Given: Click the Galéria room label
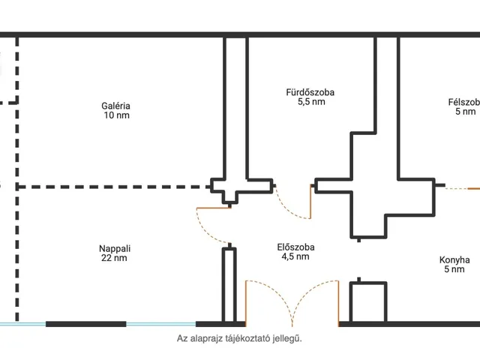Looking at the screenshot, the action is (115, 106).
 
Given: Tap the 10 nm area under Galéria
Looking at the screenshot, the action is (117, 115).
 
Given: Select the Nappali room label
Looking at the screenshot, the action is (115, 248).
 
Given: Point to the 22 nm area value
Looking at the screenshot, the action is (114, 258).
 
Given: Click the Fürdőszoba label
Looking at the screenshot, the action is (310, 92).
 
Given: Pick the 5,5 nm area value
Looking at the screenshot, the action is (311, 102).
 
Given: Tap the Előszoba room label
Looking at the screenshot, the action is (295, 247).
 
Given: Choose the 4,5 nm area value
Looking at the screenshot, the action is (295, 256).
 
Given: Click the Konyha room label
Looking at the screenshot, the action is (454, 260).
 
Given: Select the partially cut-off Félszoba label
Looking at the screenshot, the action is (464, 102).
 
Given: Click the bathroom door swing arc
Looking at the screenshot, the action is (289, 209).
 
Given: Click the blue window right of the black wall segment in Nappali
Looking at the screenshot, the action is (161, 324).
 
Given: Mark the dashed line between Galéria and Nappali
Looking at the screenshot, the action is (114, 187).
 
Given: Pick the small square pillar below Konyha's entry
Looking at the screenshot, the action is (368, 302).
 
